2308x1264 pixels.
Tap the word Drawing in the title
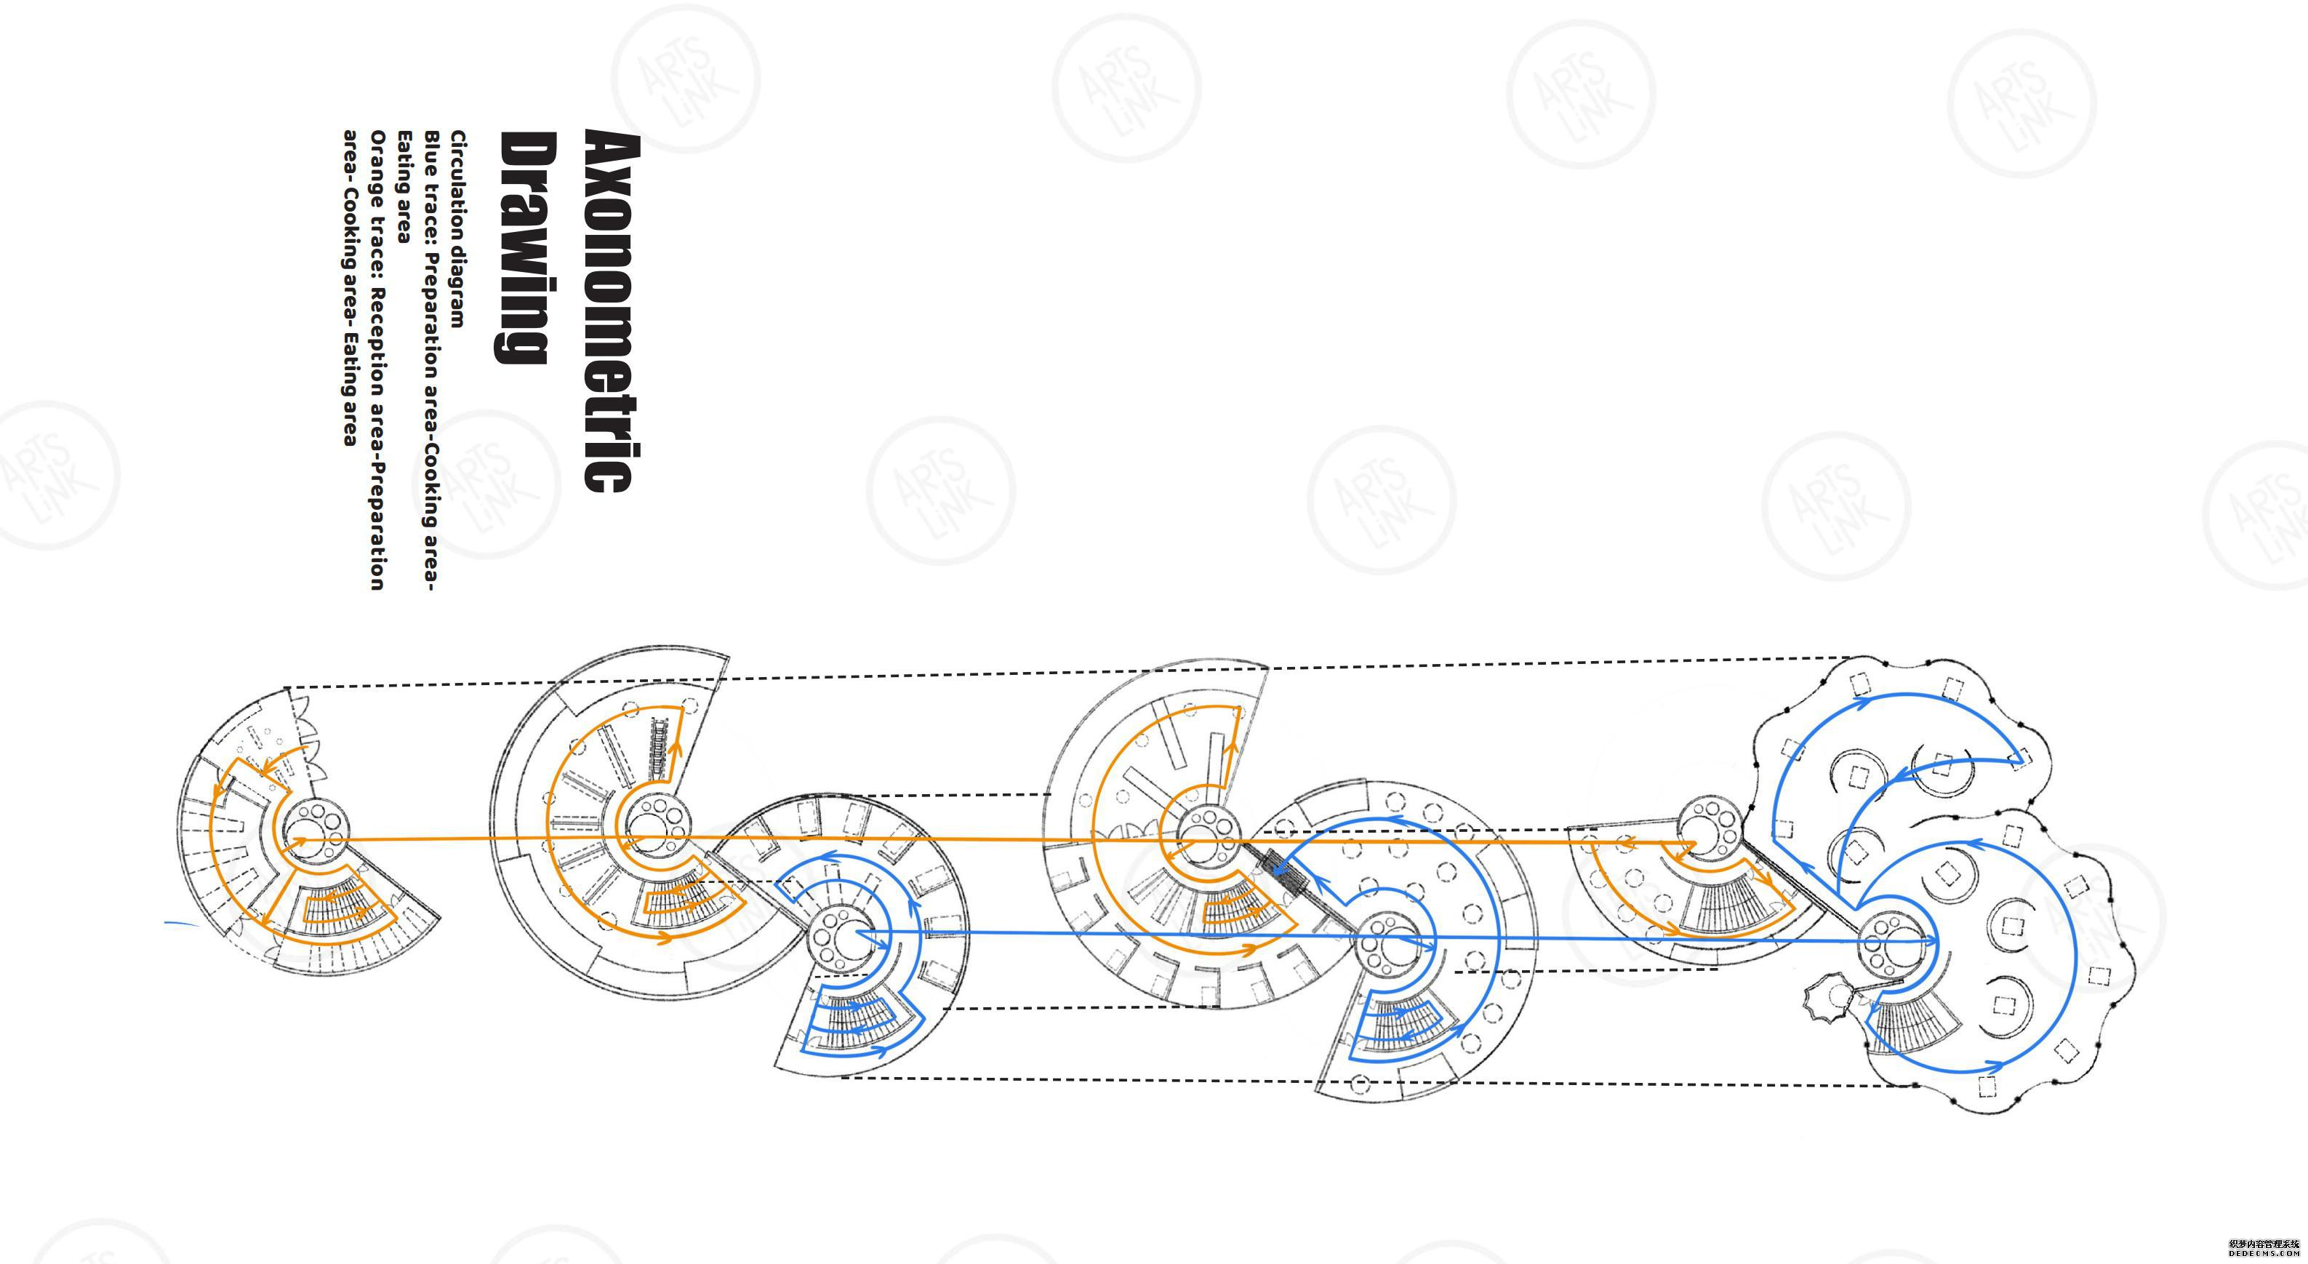(x=526, y=247)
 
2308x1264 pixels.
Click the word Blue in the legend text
(x=432, y=151)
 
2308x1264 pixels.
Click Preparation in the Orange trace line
(x=378, y=528)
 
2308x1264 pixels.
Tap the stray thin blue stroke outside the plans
(x=182, y=923)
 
